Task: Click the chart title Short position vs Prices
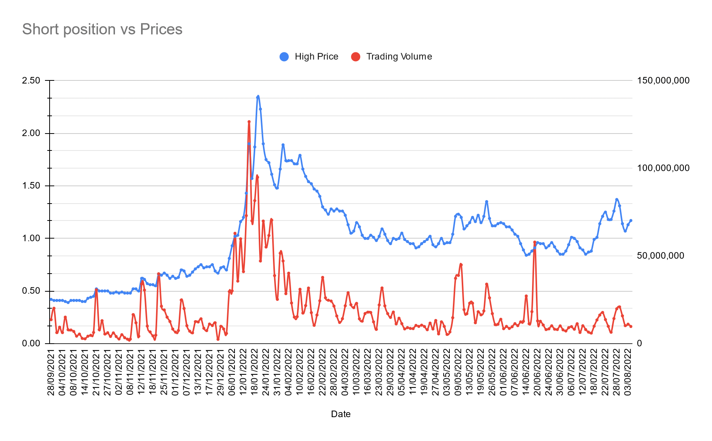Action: click(x=102, y=29)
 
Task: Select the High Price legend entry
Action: click(x=316, y=57)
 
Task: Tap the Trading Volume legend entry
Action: click(x=399, y=57)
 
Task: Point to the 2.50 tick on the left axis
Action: click(x=31, y=80)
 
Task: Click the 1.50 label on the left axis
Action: click(x=31, y=186)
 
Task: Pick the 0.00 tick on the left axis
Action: click(x=31, y=343)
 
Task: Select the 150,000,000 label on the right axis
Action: click(x=663, y=80)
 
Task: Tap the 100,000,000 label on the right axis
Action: click(x=663, y=168)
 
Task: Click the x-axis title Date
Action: click(x=341, y=414)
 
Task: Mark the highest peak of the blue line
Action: click(x=258, y=96)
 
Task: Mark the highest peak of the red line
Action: click(x=249, y=122)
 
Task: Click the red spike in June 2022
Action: click(x=535, y=242)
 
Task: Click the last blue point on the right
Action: click(x=631, y=220)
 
